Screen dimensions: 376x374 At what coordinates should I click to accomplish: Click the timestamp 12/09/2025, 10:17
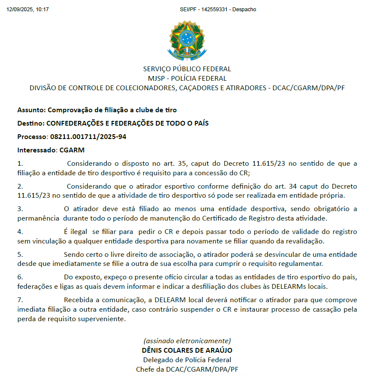point(28,9)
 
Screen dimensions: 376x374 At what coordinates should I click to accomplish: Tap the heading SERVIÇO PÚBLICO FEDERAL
point(187,69)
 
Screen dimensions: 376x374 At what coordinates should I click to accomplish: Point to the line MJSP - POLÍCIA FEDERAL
point(187,78)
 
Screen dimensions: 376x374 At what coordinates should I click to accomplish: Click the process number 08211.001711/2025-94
point(88,137)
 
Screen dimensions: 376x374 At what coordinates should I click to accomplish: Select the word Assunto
point(31,110)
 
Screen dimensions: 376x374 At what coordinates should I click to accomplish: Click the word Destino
point(30,123)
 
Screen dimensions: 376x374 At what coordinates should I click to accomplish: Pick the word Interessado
point(36,150)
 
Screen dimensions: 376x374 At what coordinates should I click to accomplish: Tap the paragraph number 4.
point(19,232)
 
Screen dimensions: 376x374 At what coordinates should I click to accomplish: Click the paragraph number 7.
point(19,300)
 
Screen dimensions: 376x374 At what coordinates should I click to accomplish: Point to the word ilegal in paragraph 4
point(79,232)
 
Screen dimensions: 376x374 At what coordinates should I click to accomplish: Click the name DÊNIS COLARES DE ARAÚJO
point(187,350)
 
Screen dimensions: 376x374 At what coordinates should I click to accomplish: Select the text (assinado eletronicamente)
point(187,340)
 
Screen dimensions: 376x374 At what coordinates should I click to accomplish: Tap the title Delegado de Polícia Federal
point(187,360)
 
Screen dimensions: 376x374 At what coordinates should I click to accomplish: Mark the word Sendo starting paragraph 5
point(73,254)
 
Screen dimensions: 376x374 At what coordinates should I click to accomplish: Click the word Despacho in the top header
point(244,9)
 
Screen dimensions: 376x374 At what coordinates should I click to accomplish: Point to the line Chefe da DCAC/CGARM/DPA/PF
point(187,369)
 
